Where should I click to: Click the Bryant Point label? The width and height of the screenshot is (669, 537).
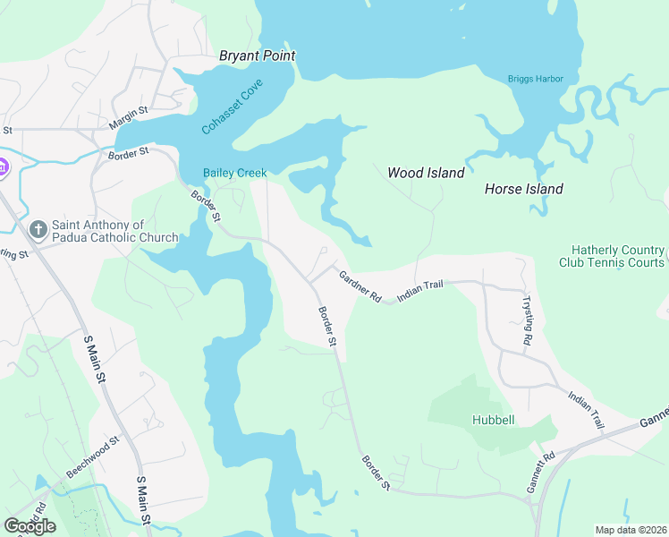[x=258, y=55]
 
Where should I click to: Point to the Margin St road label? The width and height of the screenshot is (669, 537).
[x=129, y=115]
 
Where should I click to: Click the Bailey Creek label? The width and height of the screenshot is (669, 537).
[x=234, y=173]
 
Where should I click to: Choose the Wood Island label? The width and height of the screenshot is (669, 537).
[x=426, y=173]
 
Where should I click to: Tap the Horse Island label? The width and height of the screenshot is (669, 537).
[x=523, y=189]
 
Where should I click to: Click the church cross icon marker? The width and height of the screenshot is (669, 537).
[x=38, y=230]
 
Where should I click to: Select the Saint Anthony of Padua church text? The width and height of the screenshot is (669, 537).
[x=114, y=231]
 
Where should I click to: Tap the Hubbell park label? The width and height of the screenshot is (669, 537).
[x=492, y=420]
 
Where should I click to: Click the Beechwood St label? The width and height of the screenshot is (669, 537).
[x=91, y=458]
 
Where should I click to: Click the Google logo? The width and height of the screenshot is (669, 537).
[x=30, y=526]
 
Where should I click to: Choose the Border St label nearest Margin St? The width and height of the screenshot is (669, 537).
[x=128, y=155]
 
